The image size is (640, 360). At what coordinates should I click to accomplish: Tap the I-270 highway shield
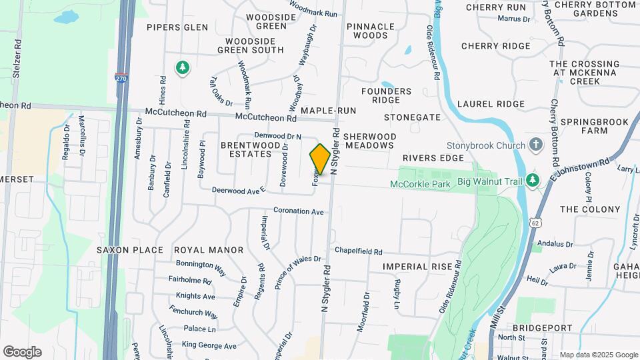point(121,77)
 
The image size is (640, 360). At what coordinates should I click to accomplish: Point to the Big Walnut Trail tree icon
point(531,180)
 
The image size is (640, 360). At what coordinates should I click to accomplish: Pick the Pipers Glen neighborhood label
point(177,27)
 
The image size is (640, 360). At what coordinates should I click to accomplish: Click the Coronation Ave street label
point(299,211)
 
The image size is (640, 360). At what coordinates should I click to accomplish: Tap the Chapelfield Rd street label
point(359,252)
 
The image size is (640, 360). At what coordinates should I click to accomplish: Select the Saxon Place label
point(129,250)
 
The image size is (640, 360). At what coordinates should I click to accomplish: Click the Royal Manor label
point(209,250)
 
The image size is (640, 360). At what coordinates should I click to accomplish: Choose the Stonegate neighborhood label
point(412,117)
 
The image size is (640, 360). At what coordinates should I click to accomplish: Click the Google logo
point(22,351)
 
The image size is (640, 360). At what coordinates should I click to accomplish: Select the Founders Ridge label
point(387,95)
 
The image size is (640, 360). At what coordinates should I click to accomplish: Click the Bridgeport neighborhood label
point(542,328)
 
